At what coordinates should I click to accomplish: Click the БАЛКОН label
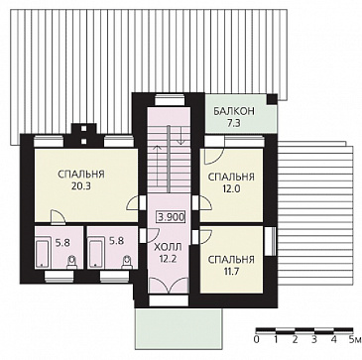[234, 111]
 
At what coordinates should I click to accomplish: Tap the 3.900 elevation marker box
[171, 218]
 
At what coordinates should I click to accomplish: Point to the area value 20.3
[81, 186]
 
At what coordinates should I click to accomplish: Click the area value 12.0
[231, 188]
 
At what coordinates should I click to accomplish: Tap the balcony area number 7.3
[234, 124]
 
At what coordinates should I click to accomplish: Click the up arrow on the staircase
[158, 167]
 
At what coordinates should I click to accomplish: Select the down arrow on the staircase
[181, 135]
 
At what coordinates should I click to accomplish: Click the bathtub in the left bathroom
[43, 252]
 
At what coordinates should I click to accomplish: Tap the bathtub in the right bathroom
[96, 252]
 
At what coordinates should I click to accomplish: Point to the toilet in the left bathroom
[71, 262]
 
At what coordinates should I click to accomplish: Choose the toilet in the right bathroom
[127, 262]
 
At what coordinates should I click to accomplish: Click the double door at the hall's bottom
[169, 286]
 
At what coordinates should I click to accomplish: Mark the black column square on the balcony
[272, 99]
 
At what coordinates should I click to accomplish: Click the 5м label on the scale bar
[353, 339]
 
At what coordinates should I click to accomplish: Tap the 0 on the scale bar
[257, 339]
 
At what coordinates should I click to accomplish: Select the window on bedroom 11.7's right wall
[270, 241]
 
